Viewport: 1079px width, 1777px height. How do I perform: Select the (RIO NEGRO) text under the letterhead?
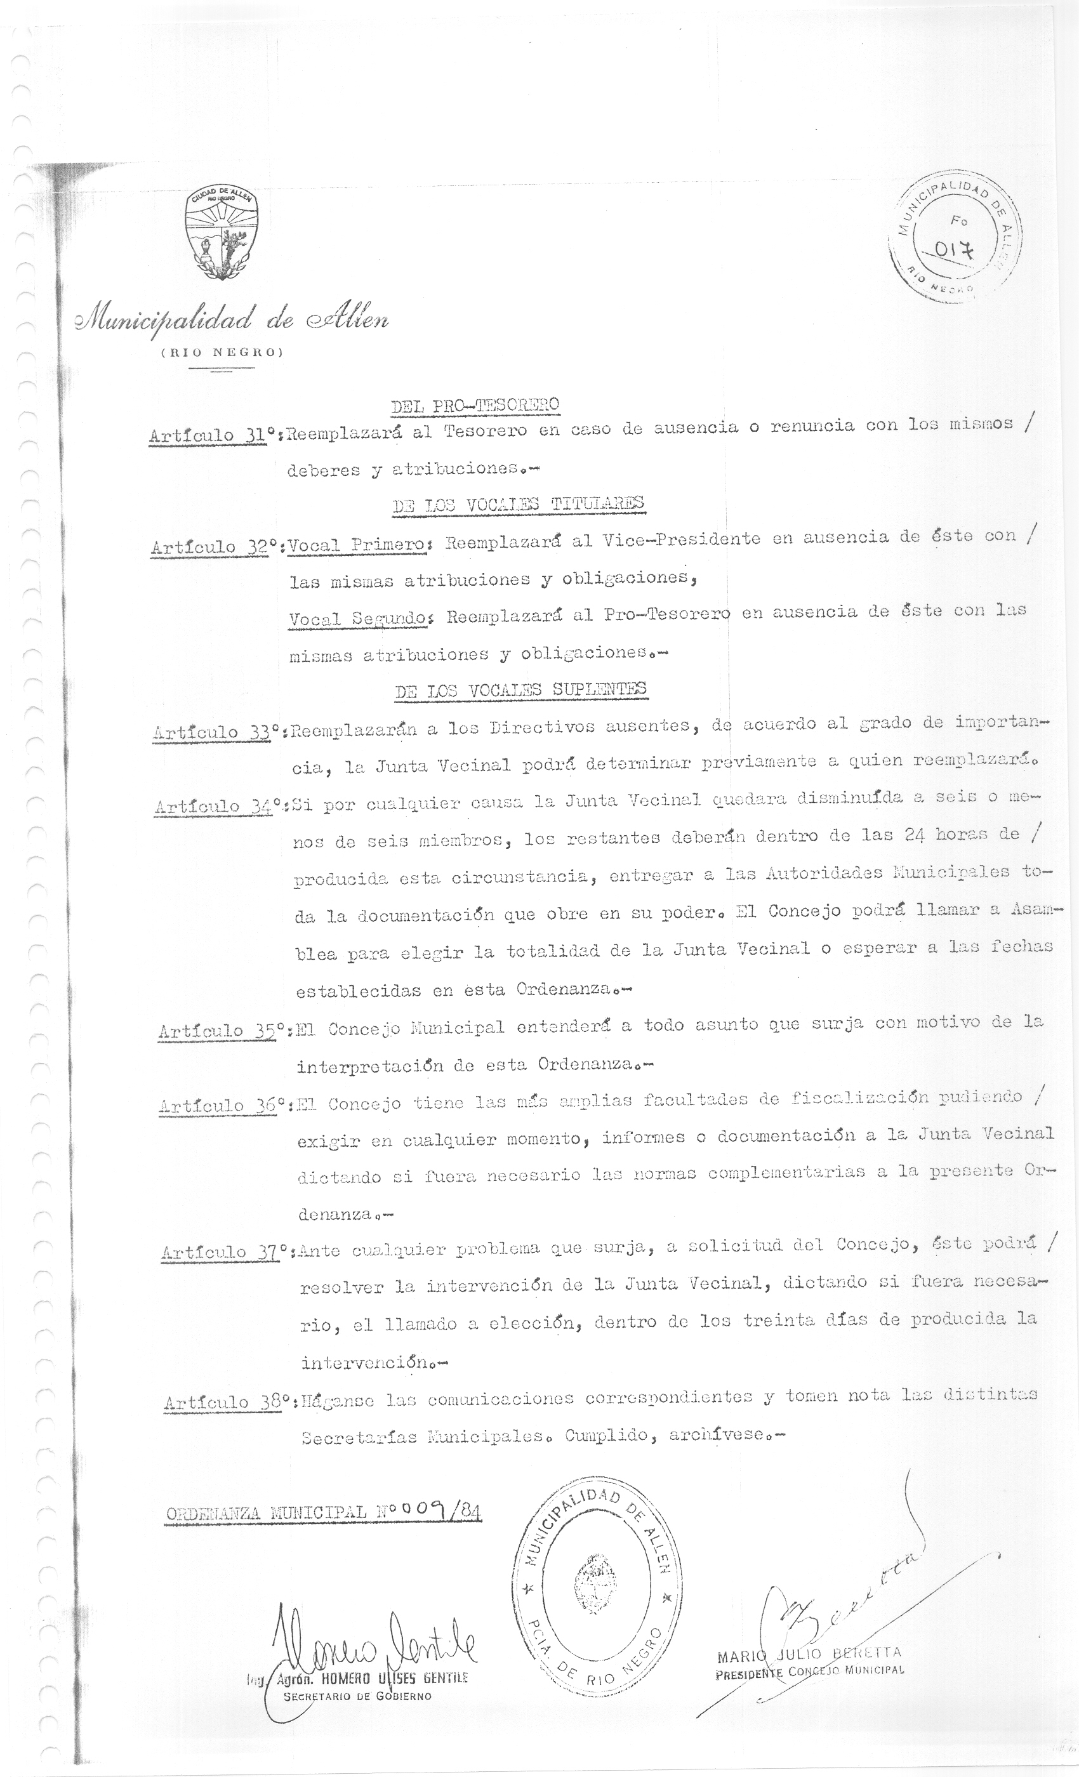222,353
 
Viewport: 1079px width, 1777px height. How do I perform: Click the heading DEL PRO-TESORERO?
475,406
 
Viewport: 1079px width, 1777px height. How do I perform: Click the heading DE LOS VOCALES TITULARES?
518,504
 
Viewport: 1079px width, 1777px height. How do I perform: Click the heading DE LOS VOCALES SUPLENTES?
520,690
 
